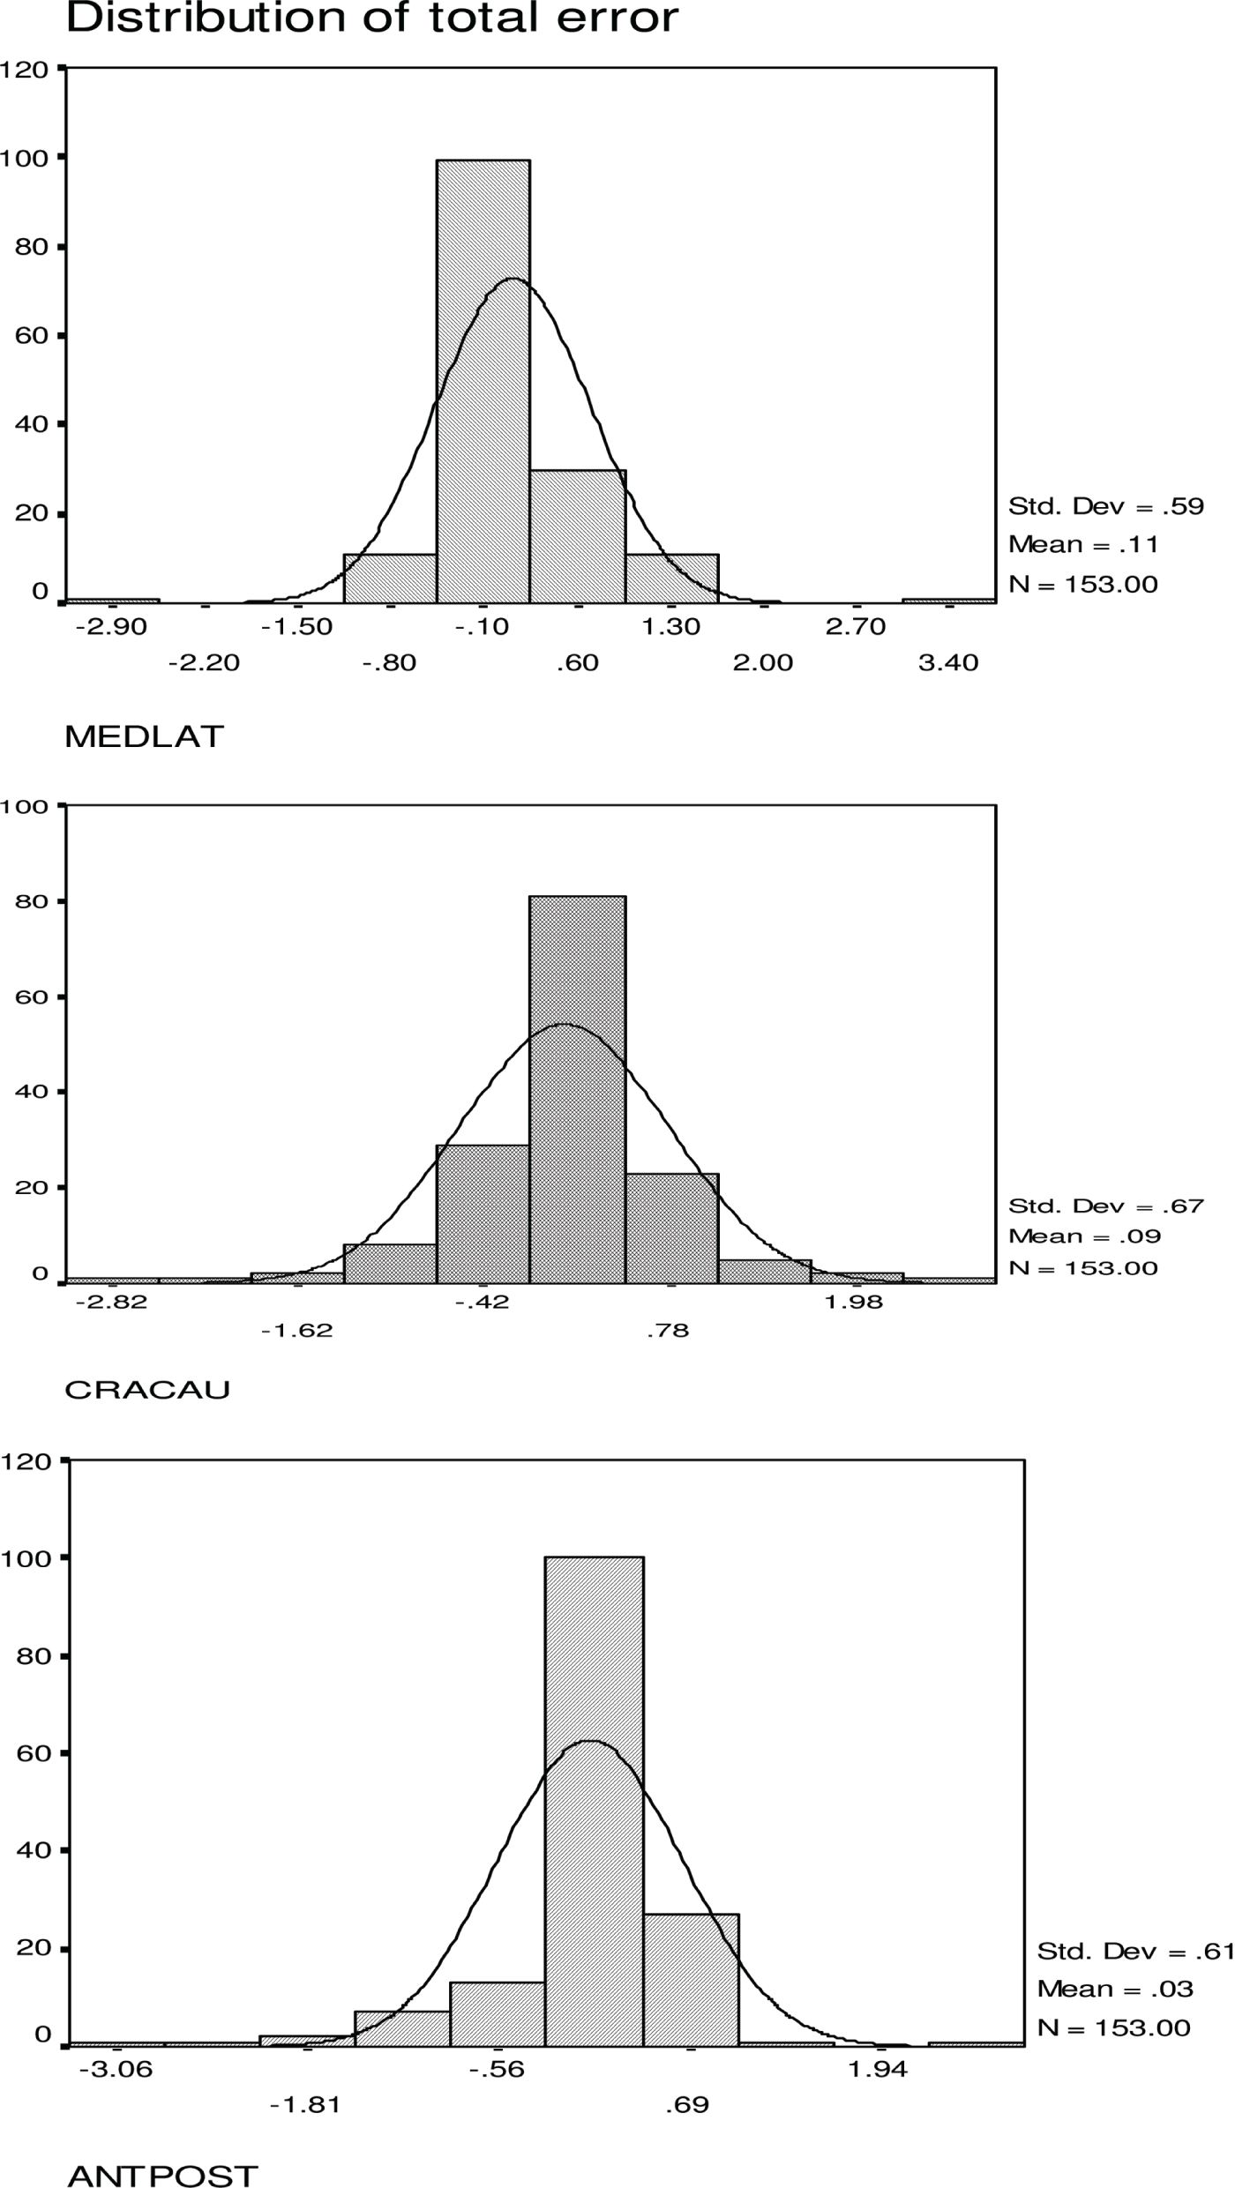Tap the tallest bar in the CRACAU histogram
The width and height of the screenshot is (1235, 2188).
[577, 1089]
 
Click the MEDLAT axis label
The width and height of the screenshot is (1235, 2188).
[145, 737]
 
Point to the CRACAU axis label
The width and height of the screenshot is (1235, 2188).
[147, 1390]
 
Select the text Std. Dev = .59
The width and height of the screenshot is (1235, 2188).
[1106, 506]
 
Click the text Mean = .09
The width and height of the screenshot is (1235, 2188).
[1084, 1236]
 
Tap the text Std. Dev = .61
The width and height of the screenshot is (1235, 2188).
[1134, 1952]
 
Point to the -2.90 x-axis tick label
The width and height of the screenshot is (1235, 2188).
[111, 627]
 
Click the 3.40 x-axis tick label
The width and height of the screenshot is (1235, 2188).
[948, 663]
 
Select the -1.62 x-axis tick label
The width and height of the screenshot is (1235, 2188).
[297, 1331]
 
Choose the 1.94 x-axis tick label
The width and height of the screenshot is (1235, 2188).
[877, 2070]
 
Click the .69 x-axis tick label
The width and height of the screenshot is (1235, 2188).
[687, 2106]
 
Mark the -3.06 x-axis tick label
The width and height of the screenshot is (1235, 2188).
[116, 2070]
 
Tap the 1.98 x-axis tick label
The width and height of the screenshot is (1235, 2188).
[853, 1303]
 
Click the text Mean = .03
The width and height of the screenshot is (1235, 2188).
[1114, 1989]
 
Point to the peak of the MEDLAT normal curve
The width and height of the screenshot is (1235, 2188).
[513, 279]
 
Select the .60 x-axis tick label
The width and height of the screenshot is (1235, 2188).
[578, 663]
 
